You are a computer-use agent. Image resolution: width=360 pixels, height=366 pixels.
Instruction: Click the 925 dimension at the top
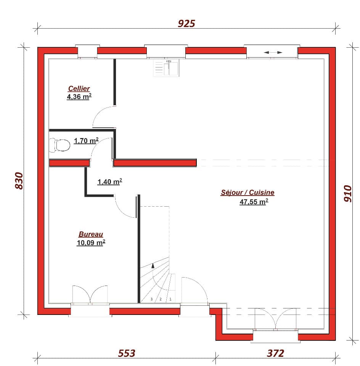pyautogui.click(x=186, y=24)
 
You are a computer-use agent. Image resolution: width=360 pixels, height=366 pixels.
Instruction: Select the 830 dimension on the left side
pyautogui.click(x=19, y=180)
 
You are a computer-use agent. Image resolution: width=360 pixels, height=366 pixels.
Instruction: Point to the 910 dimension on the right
pyautogui.click(x=347, y=193)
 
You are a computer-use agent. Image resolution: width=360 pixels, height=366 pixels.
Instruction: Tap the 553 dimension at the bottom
pyautogui.click(x=126, y=353)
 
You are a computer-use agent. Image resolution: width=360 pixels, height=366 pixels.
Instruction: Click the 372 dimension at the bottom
pyautogui.click(x=275, y=353)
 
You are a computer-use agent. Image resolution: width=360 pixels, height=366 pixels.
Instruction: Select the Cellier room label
pyautogui.click(x=79, y=89)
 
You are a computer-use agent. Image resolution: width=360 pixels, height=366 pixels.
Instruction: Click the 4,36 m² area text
pyautogui.click(x=79, y=97)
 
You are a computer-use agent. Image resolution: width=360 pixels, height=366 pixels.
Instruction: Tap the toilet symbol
pyautogui.click(x=60, y=145)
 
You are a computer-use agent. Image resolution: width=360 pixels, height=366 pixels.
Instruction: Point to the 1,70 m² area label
pyautogui.click(x=86, y=141)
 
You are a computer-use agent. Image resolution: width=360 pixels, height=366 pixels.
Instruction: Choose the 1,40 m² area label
pyautogui.click(x=110, y=182)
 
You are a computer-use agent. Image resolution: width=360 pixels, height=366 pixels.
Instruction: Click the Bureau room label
pyautogui.click(x=91, y=234)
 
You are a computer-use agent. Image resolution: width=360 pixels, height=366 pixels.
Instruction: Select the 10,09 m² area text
pyautogui.click(x=91, y=242)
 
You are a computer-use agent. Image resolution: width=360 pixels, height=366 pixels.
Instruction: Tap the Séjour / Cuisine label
pyautogui.click(x=247, y=193)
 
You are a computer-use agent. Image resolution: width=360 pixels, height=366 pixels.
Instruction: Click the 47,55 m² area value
pyautogui.click(x=254, y=202)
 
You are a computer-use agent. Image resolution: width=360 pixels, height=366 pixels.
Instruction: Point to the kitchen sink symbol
pyautogui.click(x=166, y=68)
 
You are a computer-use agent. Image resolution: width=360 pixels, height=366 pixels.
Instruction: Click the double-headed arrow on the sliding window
pyautogui.click(x=273, y=53)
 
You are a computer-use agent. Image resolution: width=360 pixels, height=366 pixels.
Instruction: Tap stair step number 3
pyautogui.click(x=151, y=299)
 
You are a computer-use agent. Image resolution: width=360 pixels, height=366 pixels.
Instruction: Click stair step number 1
pyautogui.click(x=170, y=299)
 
